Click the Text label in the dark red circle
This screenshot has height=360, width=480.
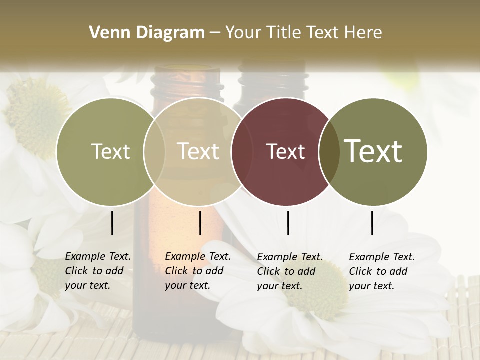click(x=285, y=152)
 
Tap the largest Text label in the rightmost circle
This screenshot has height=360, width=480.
click(x=373, y=151)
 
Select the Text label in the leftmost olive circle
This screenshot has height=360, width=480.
click(x=110, y=152)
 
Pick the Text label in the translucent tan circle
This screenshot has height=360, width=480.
click(x=198, y=151)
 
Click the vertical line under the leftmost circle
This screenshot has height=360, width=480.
click(x=112, y=223)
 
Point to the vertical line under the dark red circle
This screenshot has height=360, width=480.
click(x=288, y=223)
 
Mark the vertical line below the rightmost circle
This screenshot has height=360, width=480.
click(x=372, y=223)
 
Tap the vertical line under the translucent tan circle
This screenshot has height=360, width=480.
click(x=200, y=223)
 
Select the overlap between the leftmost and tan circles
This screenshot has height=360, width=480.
click(x=154, y=152)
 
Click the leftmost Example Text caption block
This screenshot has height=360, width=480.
click(x=98, y=271)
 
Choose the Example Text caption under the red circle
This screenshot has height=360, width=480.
click(x=290, y=271)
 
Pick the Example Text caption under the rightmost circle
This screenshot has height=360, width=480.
click(x=382, y=271)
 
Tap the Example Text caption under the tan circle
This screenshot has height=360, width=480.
click(x=198, y=271)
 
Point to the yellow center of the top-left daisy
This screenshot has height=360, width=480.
click(x=37, y=117)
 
